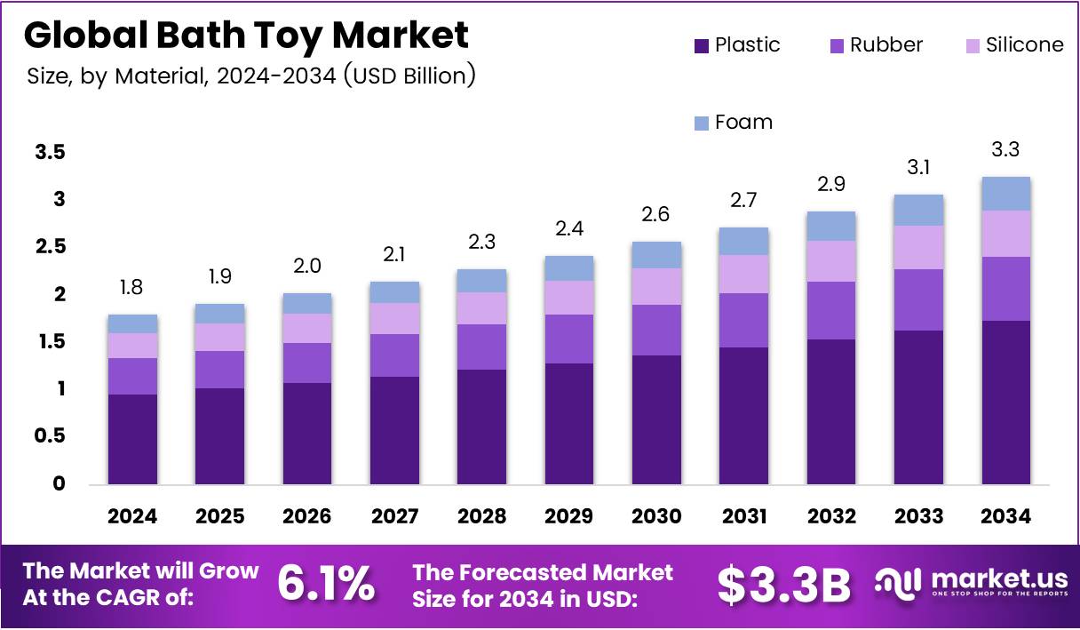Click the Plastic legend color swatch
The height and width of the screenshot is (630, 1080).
click(x=700, y=45)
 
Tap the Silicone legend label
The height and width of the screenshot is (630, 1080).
click(x=1024, y=45)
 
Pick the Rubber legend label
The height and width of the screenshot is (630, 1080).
click(x=885, y=45)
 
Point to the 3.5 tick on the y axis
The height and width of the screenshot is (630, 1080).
click(x=50, y=153)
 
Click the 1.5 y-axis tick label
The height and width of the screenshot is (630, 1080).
click(x=50, y=342)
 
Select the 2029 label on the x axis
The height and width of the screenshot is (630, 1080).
click(x=568, y=517)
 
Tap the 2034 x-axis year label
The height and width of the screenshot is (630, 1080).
click(x=1005, y=517)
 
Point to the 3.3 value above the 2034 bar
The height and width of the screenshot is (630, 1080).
click(x=1005, y=150)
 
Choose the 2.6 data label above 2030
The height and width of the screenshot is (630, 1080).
click(x=655, y=215)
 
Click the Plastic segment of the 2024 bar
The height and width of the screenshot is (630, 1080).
click(x=132, y=439)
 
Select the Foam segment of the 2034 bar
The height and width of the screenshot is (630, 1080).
click(x=1005, y=194)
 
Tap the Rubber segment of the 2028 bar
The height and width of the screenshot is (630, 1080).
click(x=481, y=347)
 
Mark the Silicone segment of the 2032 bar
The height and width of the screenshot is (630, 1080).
click(x=831, y=261)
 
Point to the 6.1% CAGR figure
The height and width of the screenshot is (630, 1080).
click(x=326, y=584)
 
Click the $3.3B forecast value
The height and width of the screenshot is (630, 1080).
click(x=783, y=585)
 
